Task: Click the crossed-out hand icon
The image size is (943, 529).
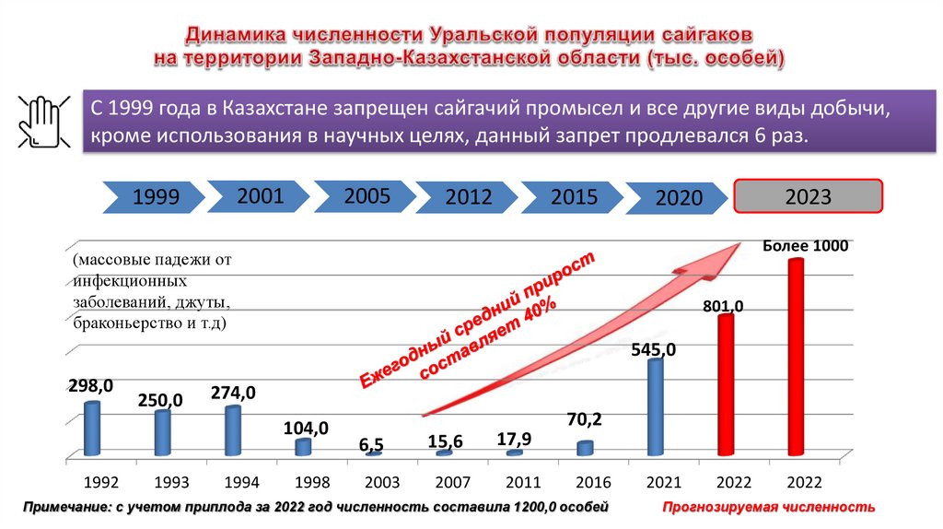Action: [x=40, y=120]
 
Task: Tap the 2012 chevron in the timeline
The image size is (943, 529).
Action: [x=468, y=196]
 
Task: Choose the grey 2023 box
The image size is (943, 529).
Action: [x=808, y=196]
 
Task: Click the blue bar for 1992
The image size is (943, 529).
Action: [x=91, y=429]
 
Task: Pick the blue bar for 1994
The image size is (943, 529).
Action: [x=232, y=430]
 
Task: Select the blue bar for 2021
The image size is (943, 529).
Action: [x=656, y=406]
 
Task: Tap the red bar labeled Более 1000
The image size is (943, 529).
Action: [x=796, y=357]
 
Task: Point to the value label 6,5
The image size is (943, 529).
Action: [x=372, y=445]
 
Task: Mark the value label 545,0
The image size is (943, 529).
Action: [x=654, y=349]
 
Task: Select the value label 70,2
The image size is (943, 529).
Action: [x=584, y=420]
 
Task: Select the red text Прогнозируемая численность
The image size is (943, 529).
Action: [x=767, y=508]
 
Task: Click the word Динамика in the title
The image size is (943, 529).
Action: [x=234, y=35]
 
